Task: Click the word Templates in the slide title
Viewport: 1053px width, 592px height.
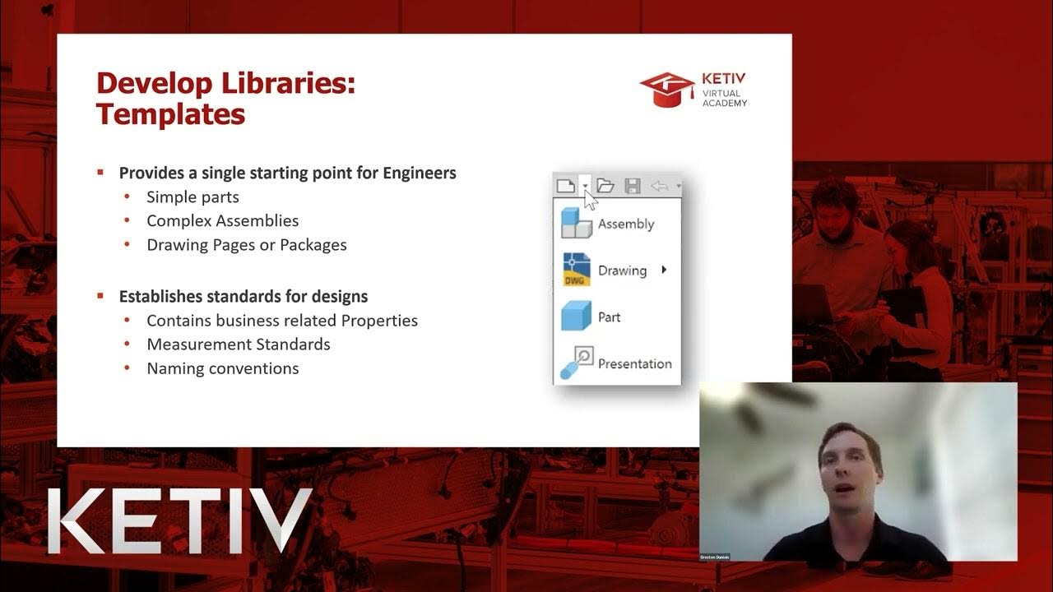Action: coord(170,113)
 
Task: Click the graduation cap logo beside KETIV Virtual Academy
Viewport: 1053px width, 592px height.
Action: coord(666,90)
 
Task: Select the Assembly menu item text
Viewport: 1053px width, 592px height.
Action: coord(626,224)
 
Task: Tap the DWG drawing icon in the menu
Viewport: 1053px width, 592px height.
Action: coord(576,270)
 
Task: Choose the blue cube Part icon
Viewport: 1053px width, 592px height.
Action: coord(576,317)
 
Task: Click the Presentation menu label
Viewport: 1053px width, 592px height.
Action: coord(634,363)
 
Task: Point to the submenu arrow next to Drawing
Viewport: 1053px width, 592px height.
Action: coord(664,270)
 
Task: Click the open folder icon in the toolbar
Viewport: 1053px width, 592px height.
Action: coord(605,186)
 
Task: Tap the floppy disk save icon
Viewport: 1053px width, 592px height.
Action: coord(633,186)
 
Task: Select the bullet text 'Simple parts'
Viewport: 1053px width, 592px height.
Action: coord(193,197)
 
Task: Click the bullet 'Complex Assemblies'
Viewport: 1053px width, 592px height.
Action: coord(222,221)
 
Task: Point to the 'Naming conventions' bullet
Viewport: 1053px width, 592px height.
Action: coord(222,368)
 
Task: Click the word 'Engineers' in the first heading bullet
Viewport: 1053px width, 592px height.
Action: coord(420,173)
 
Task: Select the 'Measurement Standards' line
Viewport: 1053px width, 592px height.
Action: coord(238,345)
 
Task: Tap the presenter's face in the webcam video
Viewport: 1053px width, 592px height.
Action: coord(851,469)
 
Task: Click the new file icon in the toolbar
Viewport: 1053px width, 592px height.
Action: coord(566,186)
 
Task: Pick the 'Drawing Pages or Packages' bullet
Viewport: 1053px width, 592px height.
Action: coord(246,245)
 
